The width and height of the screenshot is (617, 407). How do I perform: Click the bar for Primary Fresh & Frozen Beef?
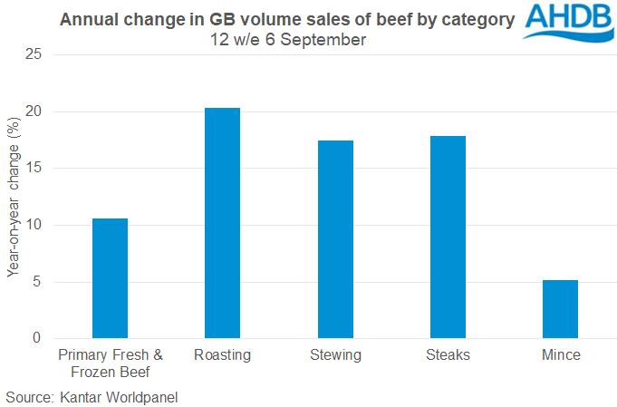pyautogui.click(x=111, y=278)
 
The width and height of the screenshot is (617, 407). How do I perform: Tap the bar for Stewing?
pyautogui.click(x=335, y=239)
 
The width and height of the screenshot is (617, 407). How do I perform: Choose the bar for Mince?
pyautogui.click(x=560, y=309)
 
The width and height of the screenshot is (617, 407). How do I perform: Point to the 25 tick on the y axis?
pyautogui.click(x=34, y=55)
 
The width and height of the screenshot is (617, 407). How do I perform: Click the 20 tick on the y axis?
pyautogui.click(x=34, y=111)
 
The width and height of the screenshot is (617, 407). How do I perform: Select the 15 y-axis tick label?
pyautogui.click(x=34, y=169)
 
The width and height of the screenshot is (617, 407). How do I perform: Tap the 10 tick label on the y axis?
pyautogui.click(x=34, y=225)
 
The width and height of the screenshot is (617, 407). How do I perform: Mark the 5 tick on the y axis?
pyautogui.click(x=37, y=282)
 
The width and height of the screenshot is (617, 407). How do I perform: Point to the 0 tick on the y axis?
pyautogui.click(x=37, y=338)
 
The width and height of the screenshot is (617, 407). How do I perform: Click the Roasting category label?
pyautogui.click(x=223, y=355)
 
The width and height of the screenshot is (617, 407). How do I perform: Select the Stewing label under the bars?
pyautogui.click(x=335, y=355)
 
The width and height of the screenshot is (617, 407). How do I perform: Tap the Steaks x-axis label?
pyautogui.click(x=448, y=355)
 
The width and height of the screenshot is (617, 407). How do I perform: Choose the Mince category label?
pyautogui.click(x=560, y=355)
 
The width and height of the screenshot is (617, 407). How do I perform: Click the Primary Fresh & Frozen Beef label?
pyautogui.click(x=111, y=363)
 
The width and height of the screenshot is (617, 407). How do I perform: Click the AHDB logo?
pyautogui.click(x=569, y=26)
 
